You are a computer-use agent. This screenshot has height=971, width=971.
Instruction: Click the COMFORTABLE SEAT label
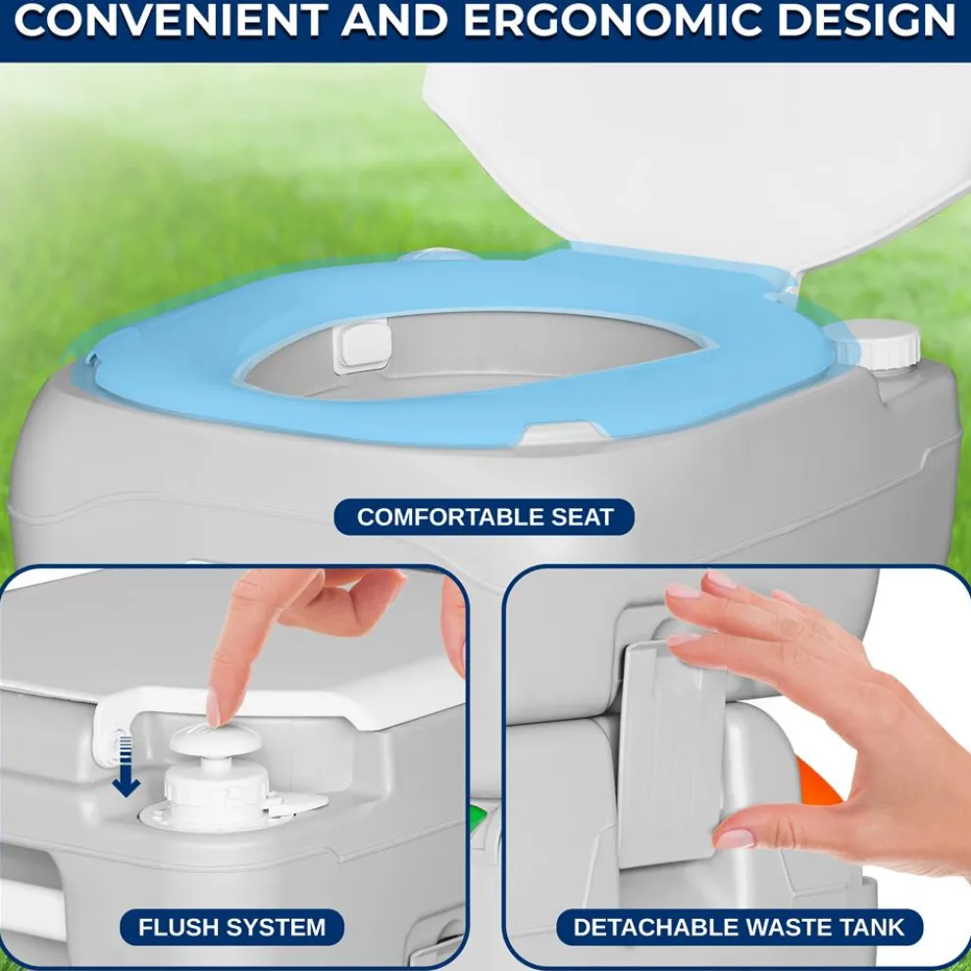point(485,517)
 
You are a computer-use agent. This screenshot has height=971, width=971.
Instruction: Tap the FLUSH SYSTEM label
point(231,926)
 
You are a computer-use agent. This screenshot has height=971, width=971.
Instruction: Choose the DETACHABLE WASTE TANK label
point(739,926)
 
